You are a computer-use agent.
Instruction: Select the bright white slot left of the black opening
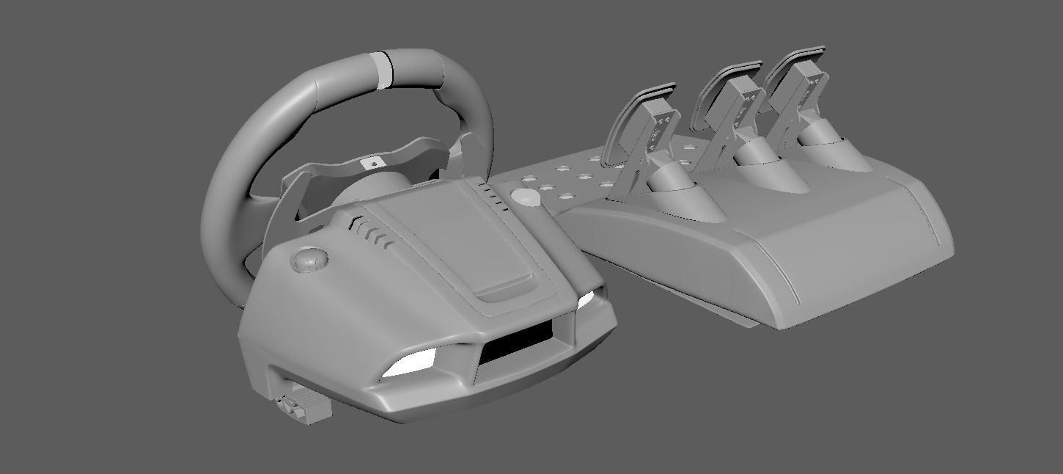coord(411,363)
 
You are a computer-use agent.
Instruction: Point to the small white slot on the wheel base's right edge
coord(586,300)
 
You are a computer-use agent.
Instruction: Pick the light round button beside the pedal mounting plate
coord(523,198)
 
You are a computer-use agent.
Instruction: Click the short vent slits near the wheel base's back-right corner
coord(495,195)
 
